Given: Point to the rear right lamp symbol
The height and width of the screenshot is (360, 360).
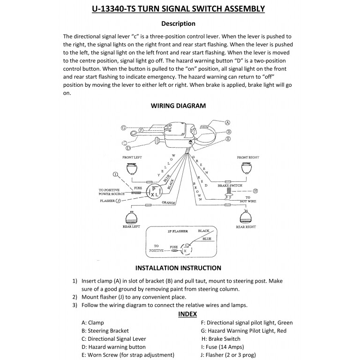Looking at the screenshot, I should [246, 217].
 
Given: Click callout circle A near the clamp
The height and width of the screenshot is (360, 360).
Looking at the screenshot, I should [228, 121].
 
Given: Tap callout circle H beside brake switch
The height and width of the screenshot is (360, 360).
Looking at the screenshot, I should [255, 191].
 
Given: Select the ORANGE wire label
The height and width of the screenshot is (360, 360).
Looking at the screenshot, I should [169, 203].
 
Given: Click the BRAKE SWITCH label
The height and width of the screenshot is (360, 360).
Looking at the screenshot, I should [230, 186].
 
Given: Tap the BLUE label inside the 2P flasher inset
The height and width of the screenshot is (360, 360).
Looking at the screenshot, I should [207, 239].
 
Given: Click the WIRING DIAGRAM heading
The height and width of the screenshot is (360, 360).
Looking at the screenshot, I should [178, 105].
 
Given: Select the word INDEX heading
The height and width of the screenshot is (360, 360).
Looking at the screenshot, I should [187, 314].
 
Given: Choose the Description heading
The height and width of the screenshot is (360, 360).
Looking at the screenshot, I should [178, 23].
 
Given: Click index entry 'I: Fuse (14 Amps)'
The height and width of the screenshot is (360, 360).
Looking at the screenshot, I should [227, 347].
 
